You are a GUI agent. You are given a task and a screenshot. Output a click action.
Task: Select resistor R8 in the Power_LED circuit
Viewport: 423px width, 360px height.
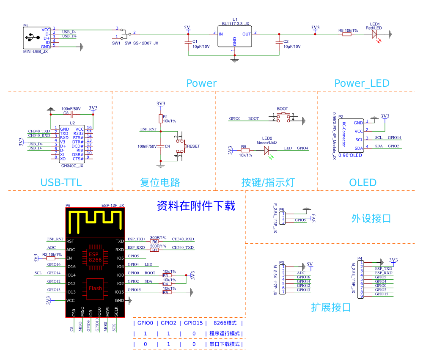347,34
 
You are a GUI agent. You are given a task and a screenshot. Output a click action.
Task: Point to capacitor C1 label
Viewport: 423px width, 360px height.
195,41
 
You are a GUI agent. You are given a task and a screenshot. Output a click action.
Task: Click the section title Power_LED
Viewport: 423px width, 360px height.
362,83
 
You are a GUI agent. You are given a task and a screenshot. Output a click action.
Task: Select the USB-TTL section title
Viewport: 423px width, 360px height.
61,183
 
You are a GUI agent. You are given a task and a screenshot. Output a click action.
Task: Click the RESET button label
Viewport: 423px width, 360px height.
193,146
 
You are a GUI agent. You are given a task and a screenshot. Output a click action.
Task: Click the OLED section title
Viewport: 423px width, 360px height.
363,183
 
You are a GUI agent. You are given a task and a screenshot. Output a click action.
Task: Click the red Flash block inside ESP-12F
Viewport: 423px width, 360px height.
96,289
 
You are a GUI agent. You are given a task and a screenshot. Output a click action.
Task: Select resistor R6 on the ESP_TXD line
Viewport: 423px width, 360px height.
155,242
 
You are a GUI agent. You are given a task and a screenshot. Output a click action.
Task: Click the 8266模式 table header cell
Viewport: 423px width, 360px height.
225,323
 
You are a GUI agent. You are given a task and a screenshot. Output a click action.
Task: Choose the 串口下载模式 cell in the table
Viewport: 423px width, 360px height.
225,344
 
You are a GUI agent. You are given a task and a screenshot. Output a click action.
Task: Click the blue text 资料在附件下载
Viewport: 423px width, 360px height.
195,206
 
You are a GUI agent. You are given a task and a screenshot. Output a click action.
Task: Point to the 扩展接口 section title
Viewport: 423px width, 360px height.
331,307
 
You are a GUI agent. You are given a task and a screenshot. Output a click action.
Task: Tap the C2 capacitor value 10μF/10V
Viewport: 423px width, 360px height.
292,47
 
